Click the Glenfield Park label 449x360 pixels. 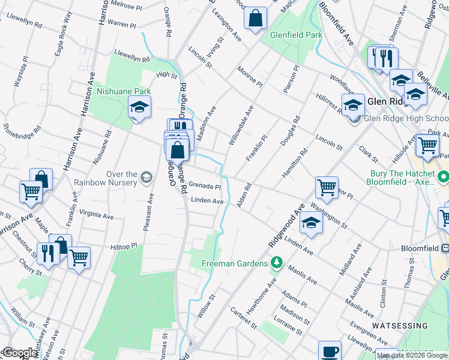click(x=295, y=35)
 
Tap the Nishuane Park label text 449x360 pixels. click(x=124, y=92)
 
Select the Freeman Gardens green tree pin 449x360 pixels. click(x=276, y=262)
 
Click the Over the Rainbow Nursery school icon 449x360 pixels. click(x=146, y=177)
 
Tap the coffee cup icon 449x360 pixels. click(x=328, y=350)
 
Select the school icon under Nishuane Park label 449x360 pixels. click(x=139, y=107)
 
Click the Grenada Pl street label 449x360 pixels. click(x=205, y=186)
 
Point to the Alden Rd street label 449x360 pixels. click(x=243, y=196)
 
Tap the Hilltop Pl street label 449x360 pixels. click(x=124, y=247)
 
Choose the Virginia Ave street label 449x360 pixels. click(x=96, y=215)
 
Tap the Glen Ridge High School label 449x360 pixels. click(x=406, y=119)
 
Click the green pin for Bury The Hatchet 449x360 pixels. click(x=444, y=178)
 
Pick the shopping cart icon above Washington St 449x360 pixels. click(x=327, y=187)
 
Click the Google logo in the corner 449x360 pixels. click(x=19, y=353)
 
